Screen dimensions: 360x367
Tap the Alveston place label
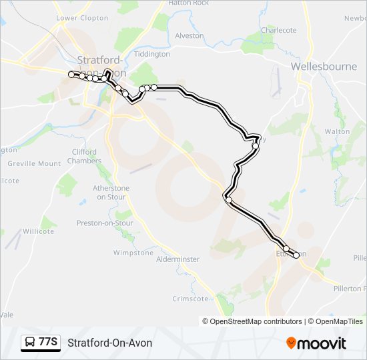click(x=189, y=35)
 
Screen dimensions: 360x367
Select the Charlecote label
click(x=278, y=30)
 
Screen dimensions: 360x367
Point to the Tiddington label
click(x=152, y=54)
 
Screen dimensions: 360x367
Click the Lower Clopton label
click(x=82, y=18)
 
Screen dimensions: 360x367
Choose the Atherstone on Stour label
click(x=111, y=193)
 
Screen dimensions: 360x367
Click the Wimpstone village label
click(x=133, y=253)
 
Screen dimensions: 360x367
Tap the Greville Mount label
click(x=34, y=163)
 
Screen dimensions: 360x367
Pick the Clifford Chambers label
click(x=84, y=156)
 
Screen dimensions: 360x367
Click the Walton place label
click(x=337, y=132)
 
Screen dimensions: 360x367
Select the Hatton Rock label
click(x=188, y=3)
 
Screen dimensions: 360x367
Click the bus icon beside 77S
click(x=30, y=343)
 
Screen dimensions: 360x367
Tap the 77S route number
click(x=47, y=342)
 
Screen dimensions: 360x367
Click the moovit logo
click(x=316, y=343)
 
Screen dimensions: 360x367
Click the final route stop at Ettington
click(x=296, y=255)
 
